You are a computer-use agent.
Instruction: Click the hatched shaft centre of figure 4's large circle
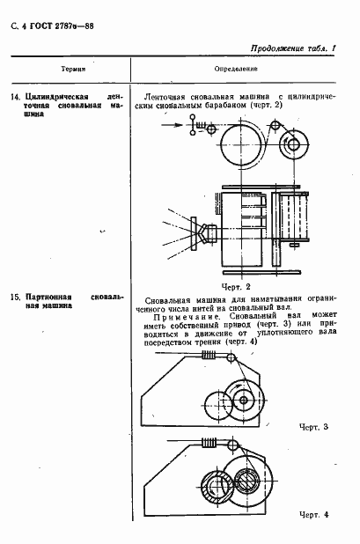(x=248, y=484)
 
